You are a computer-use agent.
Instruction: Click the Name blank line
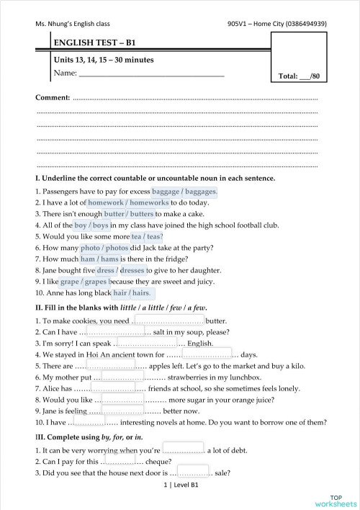[x=150, y=74]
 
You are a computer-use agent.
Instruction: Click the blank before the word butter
[x=168, y=321]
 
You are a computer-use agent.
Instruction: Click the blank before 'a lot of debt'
[x=183, y=449]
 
